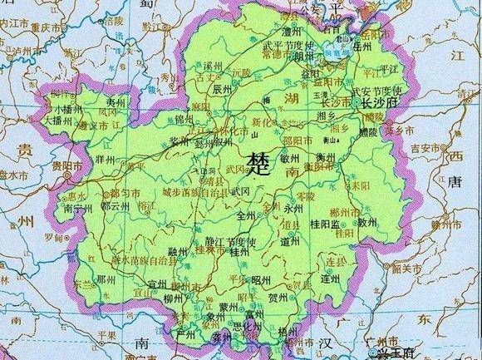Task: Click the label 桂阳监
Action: (325, 224)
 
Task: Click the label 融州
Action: (177, 250)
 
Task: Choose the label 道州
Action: (290, 241)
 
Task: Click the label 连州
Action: (332, 280)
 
